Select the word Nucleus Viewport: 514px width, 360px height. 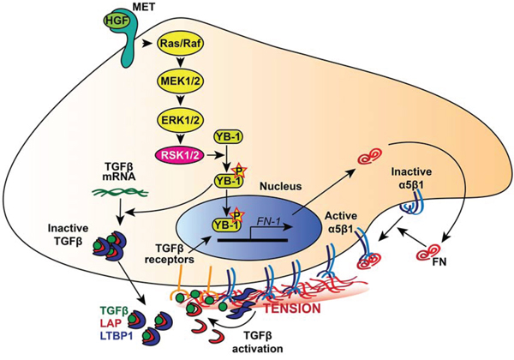pos(264,183)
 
